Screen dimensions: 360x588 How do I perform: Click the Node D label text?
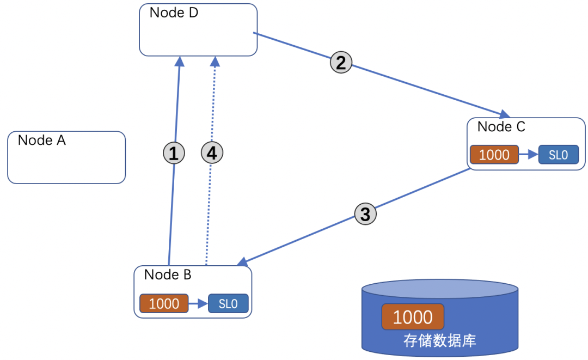(x=174, y=13)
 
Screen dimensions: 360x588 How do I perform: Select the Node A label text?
(x=42, y=141)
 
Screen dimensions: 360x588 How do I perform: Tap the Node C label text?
(x=501, y=127)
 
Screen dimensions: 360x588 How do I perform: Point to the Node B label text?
(x=168, y=275)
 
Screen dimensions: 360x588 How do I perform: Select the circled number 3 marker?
(x=365, y=214)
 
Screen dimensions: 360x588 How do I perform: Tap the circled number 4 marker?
(x=212, y=154)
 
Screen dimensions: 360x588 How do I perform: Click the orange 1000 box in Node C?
(x=494, y=155)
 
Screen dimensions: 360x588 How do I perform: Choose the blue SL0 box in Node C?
(x=558, y=155)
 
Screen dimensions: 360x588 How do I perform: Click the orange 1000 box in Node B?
(x=164, y=303)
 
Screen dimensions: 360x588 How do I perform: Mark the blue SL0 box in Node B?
(x=228, y=303)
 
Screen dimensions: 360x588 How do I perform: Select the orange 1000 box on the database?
(x=413, y=317)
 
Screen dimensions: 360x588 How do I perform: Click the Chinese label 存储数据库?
(x=439, y=341)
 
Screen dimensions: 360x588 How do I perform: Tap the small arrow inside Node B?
(x=198, y=303)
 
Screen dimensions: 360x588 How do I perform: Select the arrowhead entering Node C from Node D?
(x=505, y=114)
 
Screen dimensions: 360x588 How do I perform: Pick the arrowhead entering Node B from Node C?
(x=242, y=263)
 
